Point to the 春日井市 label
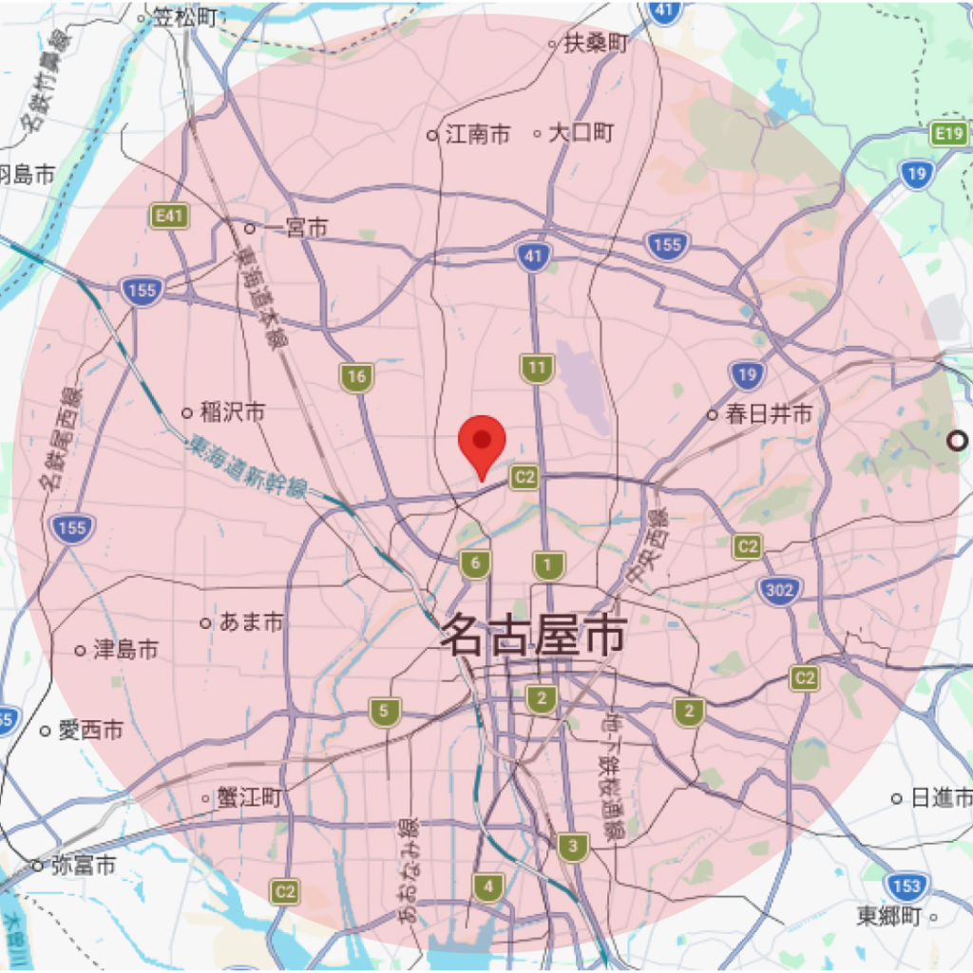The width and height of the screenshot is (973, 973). pos(770,414)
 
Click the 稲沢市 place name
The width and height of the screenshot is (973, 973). pos(232,412)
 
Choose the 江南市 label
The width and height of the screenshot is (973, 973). pos(478,135)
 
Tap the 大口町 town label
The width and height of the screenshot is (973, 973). pos(582,133)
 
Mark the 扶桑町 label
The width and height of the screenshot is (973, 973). pos(597,44)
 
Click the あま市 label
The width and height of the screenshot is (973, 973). pos(251,623)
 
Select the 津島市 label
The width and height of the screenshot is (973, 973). pos(125,650)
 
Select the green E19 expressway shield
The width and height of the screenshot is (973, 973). pos(949,135)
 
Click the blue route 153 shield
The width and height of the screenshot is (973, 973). pos(907,887)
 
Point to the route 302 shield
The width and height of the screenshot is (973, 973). pos(779,591)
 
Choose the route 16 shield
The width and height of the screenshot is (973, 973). pos(356,377)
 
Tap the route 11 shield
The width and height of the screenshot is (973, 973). pos(537,368)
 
